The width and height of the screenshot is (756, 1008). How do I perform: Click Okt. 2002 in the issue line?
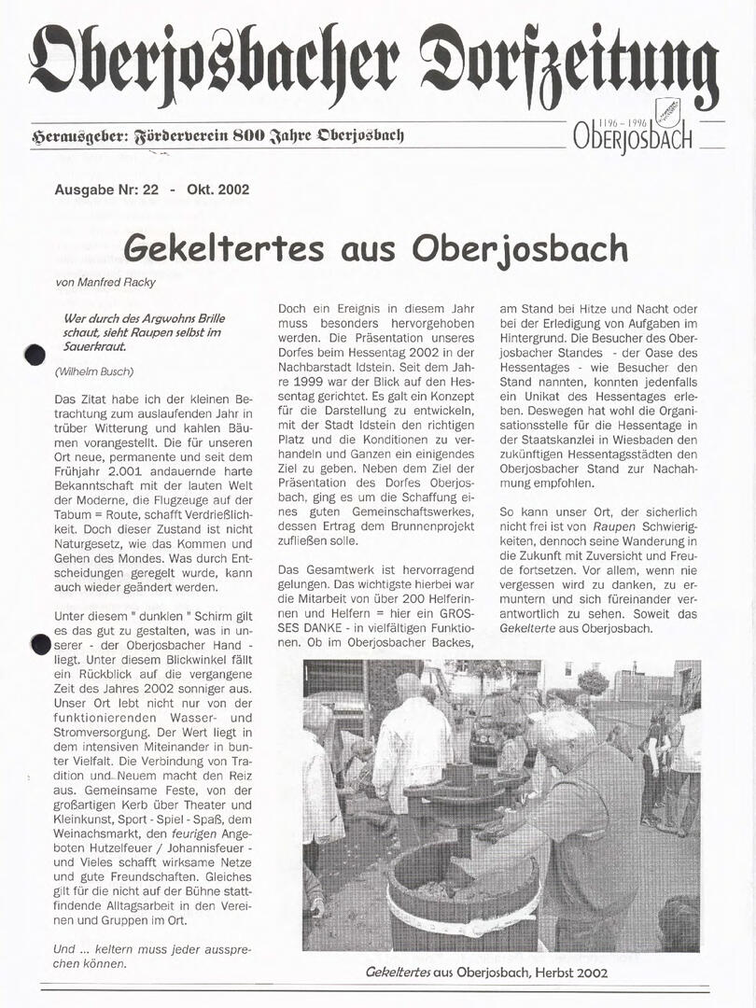coord(217,189)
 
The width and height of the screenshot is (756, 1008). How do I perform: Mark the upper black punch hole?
coord(35,354)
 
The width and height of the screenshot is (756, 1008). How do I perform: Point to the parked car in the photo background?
coord(487,742)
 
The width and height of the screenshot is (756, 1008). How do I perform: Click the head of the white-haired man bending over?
coord(563,737)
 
